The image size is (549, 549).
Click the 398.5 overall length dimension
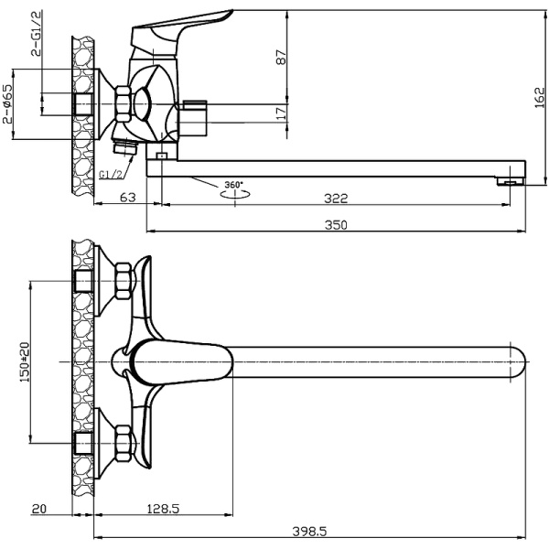click(309, 532)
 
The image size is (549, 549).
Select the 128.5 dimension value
click(163, 509)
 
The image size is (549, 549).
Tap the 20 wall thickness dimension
click(38, 509)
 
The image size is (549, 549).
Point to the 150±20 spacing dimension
click(25, 361)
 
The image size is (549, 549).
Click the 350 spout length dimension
click(336, 225)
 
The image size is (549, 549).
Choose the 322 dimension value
click(336, 199)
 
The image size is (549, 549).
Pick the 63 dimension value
click(128, 198)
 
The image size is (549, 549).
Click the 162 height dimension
click(540, 98)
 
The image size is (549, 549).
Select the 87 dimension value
click(281, 57)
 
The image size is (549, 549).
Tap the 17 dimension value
click(281, 113)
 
